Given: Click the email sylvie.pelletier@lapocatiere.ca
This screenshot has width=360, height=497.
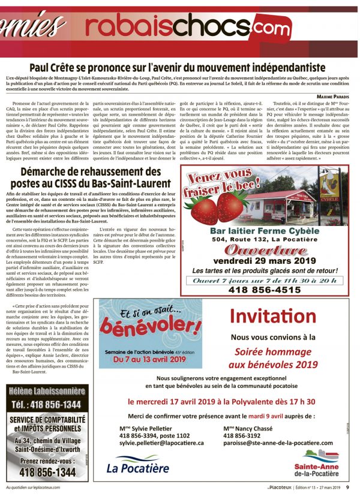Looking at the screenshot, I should click(162, 442).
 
